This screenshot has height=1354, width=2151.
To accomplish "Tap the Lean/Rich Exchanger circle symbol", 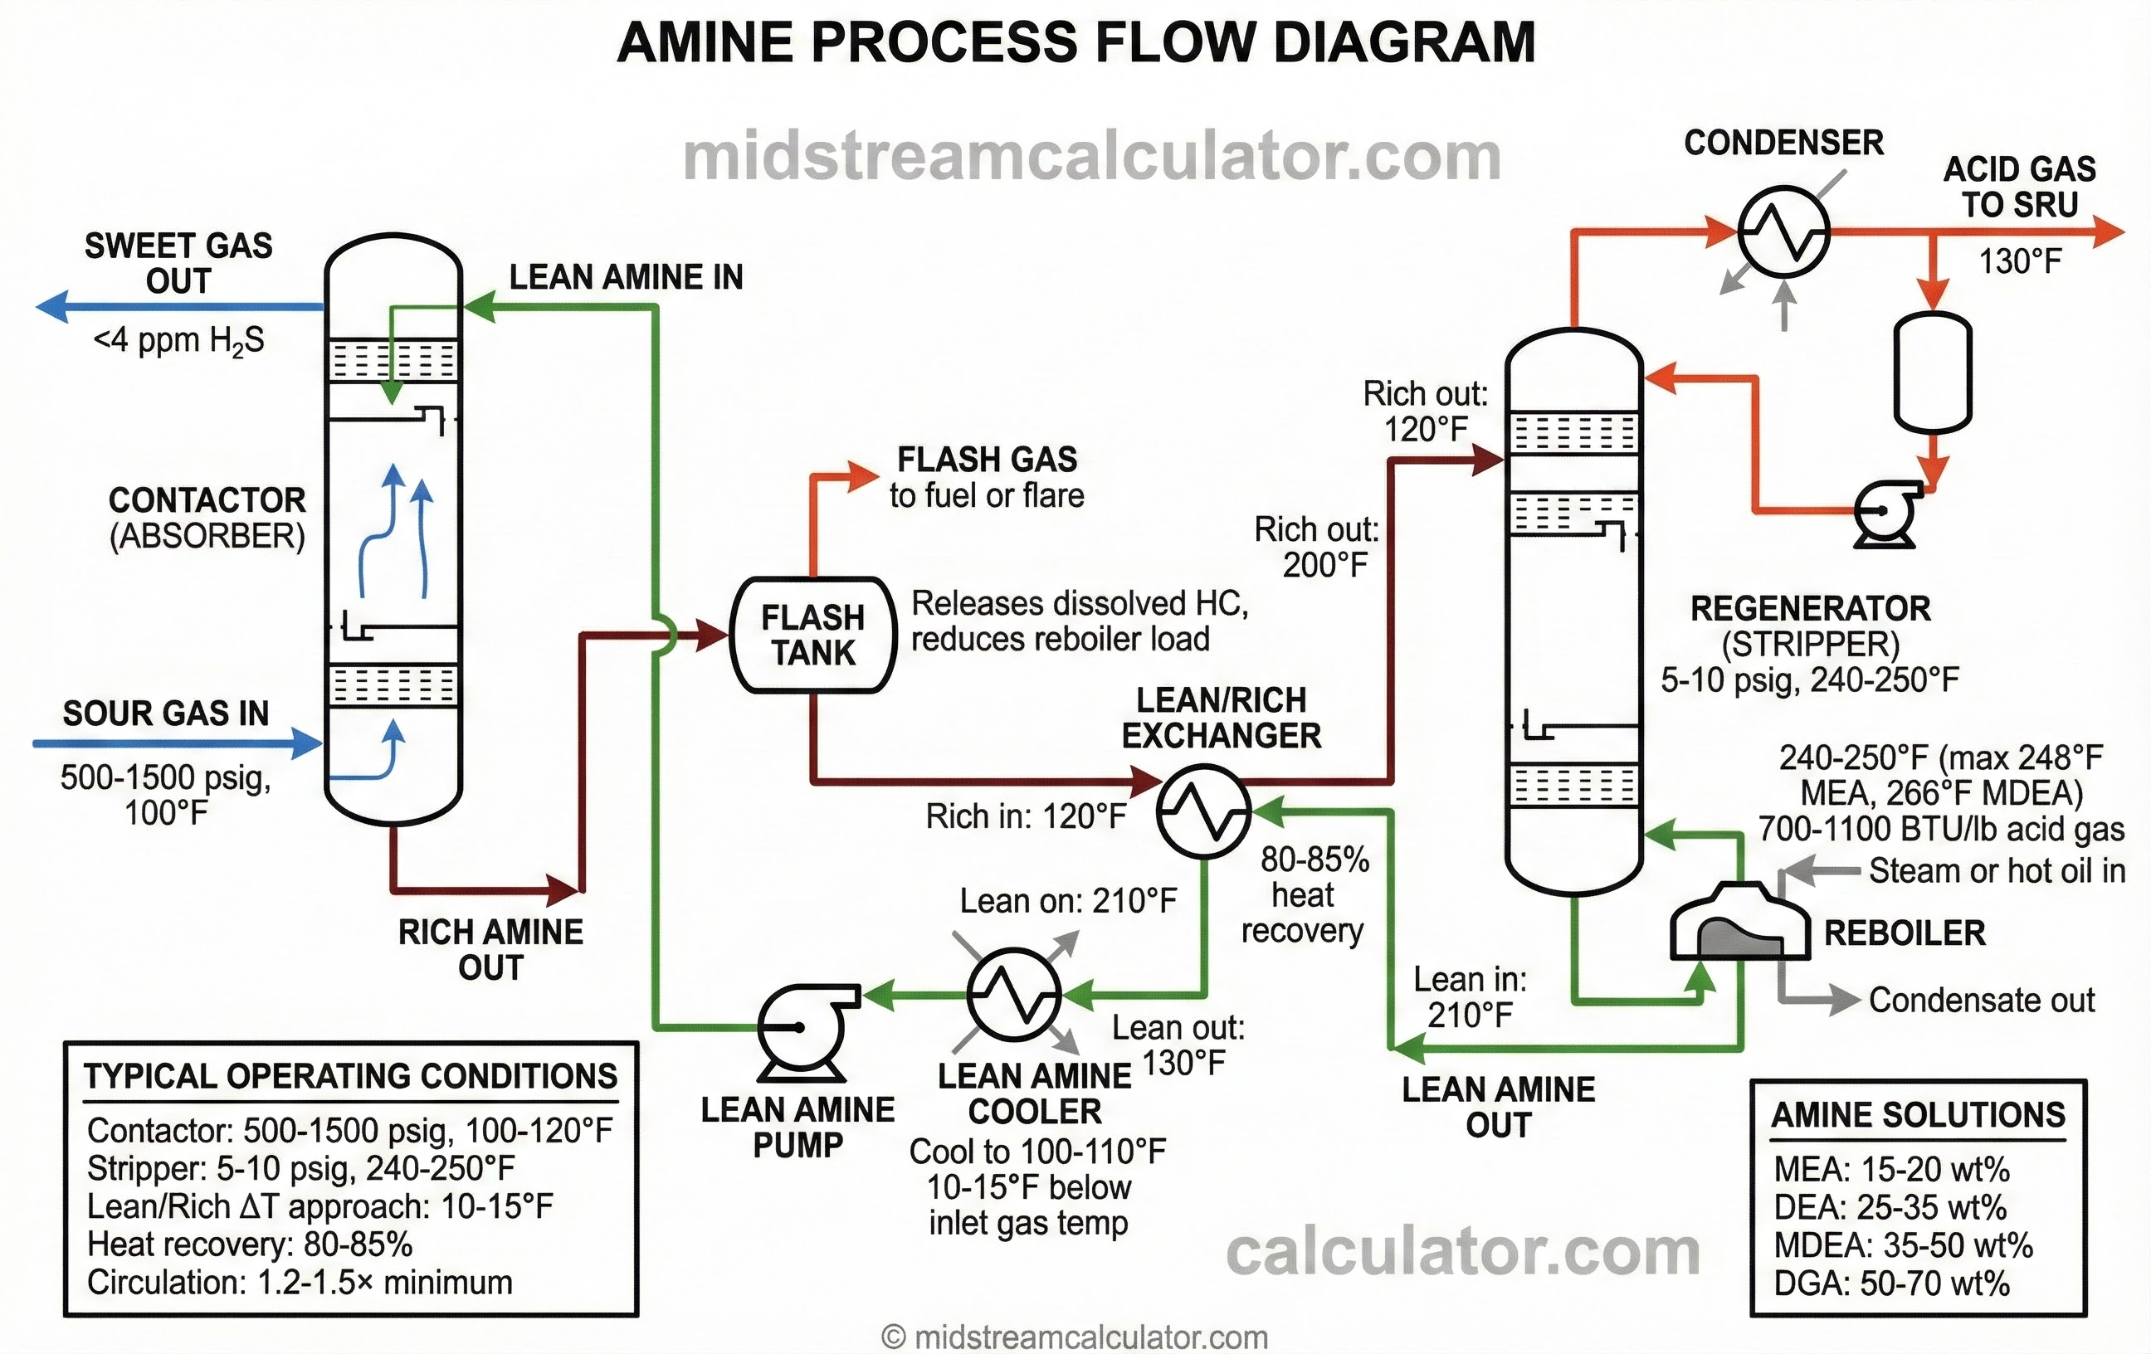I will click(1203, 811).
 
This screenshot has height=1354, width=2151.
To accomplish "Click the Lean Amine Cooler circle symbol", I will click(1014, 993).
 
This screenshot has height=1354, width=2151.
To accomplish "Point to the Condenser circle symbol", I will click(1783, 231).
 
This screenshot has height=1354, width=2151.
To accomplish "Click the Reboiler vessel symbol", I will click(1739, 924).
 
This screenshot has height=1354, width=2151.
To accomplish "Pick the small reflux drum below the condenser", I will click(1932, 372).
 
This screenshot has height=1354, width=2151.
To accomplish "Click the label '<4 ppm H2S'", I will click(178, 340).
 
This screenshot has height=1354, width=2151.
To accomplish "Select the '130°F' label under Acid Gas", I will click(2019, 261).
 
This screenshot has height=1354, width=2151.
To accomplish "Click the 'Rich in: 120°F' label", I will click(1026, 816).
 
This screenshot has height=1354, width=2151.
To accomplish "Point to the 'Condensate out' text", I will click(1981, 1001).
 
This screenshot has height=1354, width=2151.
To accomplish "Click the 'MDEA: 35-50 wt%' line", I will click(1903, 1245).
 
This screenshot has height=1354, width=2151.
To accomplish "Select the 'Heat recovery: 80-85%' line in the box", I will click(250, 1244).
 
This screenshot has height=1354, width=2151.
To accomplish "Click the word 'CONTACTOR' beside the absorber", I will click(207, 500).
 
